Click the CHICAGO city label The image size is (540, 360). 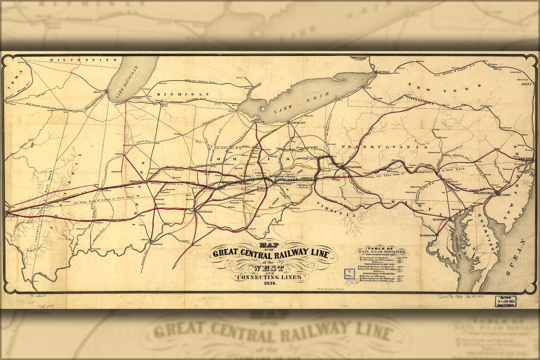click(97, 92)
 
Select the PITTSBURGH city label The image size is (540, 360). click(353, 168)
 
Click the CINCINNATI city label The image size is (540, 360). click(205, 212)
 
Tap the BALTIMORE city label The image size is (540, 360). click(439, 219)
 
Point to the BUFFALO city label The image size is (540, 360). click(383, 72)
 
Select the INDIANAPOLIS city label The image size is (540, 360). click(135, 182)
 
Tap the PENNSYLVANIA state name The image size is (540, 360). click(384, 147)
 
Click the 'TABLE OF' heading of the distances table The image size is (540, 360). click(381, 248)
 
